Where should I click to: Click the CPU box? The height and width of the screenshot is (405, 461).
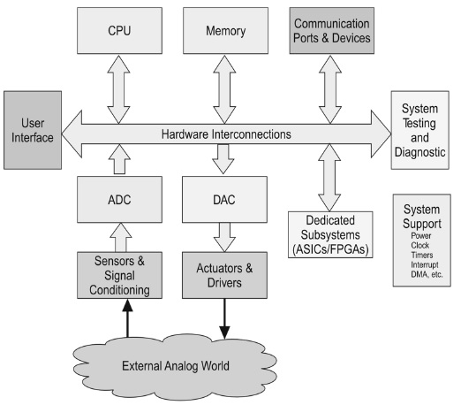pyautogui.click(x=119, y=31)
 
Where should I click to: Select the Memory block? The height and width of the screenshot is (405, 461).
pyautogui.click(x=225, y=31)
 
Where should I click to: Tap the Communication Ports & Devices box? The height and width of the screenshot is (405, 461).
pyautogui.click(x=332, y=31)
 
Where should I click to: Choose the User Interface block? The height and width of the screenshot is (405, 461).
pyautogui.click(x=33, y=130)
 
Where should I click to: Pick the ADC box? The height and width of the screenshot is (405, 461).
pyautogui.click(x=119, y=200)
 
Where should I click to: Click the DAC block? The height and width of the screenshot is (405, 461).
pyautogui.click(x=224, y=200)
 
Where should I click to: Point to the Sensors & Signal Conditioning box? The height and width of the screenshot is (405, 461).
pyautogui.click(x=119, y=275)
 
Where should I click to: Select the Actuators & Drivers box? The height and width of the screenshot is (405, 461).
pyautogui.click(x=224, y=275)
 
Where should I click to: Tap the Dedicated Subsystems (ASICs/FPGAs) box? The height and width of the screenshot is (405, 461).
pyautogui.click(x=330, y=234)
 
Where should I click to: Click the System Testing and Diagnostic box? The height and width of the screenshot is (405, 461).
pyautogui.click(x=420, y=130)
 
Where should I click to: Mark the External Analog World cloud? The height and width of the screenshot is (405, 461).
pyautogui.click(x=175, y=366)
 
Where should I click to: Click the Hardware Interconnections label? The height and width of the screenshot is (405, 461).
pyautogui.click(x=226, y=134)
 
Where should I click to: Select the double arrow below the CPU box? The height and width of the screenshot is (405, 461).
pyautogui.click(x=118, y=89)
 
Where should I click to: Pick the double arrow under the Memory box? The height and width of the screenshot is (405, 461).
pyautogui.click(x=224, y=89)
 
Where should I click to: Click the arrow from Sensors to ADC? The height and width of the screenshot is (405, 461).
pyautogui.click(x=121, y=237)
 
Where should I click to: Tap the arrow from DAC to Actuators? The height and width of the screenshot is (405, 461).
pyautogui.click(x=224, y=237)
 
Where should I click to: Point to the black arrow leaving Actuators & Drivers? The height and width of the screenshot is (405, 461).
pyautogui.click(x=224, y=319)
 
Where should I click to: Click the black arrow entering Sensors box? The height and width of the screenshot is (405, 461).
pyautogui.click(x=127, y=318)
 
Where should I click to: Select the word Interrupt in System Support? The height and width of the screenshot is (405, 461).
pyautogui.click(x=425, y=264)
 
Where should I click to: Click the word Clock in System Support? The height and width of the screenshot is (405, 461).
pyautogui.click(x=420, y=245)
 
